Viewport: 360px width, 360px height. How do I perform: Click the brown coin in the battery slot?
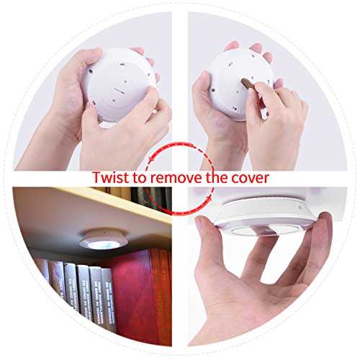pos(248,84)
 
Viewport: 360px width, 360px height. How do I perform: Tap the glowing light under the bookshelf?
pos(100,244)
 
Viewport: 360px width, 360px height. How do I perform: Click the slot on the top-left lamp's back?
pos(120,91)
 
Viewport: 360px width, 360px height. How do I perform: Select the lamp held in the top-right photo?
pos(241,84)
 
